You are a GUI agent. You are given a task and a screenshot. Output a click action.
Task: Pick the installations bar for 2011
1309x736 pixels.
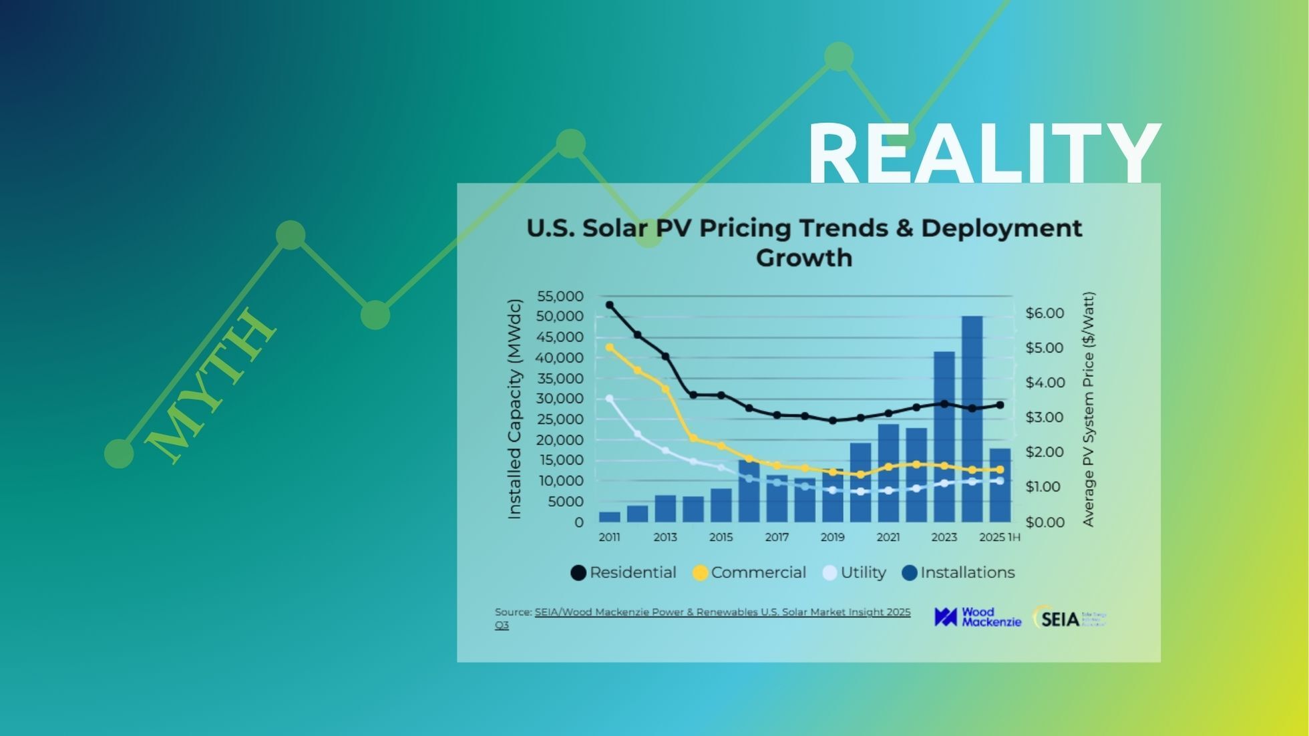pos(609,516)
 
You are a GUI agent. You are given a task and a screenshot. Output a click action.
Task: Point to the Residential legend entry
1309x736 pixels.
pos(624,572)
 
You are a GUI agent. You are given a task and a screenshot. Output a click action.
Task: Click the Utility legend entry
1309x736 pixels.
pos(854,572)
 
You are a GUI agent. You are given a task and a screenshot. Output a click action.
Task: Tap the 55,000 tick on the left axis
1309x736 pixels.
pos(560,296)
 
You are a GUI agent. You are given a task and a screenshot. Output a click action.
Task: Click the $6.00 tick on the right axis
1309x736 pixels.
pos(1045,313)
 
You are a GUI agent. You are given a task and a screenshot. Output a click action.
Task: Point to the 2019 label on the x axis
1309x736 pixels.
pos(832,537)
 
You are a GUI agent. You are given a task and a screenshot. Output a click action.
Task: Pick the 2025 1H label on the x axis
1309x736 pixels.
pos(999,537)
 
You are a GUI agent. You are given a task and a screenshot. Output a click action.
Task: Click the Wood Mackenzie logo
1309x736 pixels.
pos(978,617)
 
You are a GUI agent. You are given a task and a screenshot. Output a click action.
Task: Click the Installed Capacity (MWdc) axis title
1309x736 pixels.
pos(514,409)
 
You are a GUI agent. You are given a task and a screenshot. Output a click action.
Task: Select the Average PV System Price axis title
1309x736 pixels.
pos(1089,409)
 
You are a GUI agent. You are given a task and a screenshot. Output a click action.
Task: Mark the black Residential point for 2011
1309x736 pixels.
pos(609,305)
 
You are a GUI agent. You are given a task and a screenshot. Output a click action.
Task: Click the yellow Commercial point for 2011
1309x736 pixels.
pos(609,347)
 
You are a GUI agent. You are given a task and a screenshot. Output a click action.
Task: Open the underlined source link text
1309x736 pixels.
pos(722,612)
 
